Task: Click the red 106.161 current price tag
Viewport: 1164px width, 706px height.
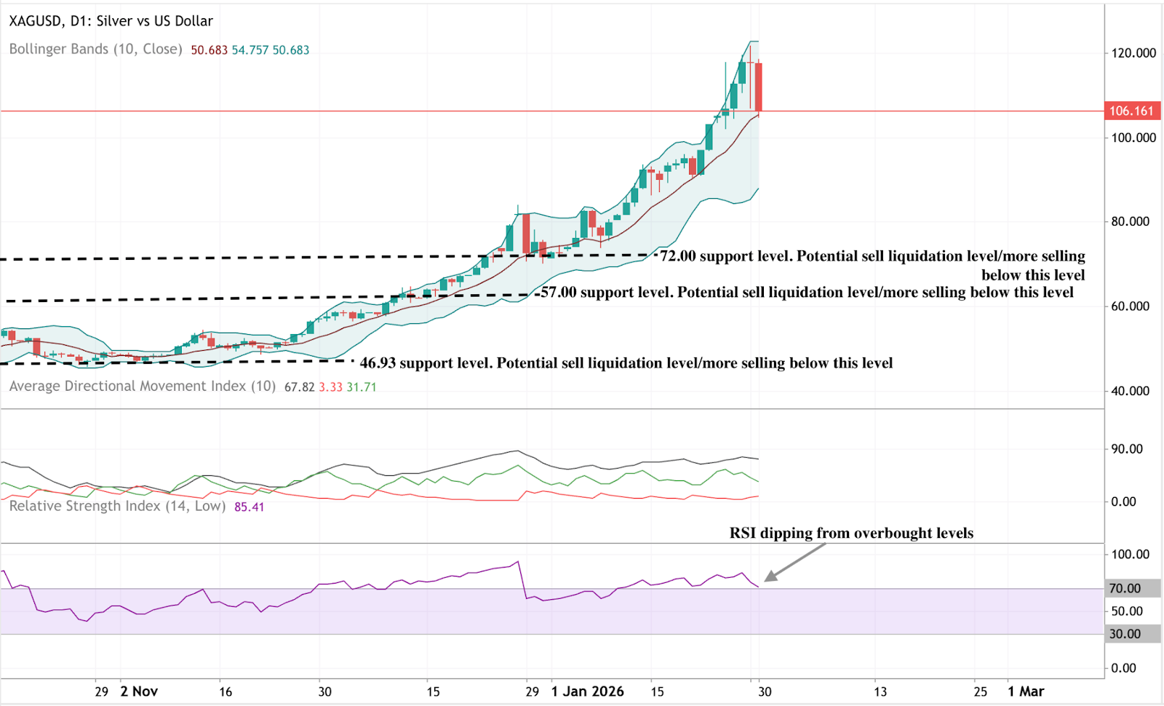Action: click(1132, 111)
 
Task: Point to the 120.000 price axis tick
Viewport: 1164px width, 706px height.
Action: click(1133, 53)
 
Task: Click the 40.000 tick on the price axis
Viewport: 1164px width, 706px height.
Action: click(1130, 391)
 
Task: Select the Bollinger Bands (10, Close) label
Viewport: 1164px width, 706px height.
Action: click(95, 49)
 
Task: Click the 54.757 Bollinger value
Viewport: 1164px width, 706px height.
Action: click(250, 50)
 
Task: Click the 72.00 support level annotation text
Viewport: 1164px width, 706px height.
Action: click(872, 257)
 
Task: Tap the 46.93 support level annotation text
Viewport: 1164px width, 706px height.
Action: click(626, 363)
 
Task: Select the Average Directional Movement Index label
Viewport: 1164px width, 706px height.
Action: click(142, 386)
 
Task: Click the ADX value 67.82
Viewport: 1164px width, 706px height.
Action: click(299, 387)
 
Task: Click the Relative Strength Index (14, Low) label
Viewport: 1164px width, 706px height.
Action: click(117, 506)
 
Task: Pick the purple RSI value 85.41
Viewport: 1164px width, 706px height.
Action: click(249, 507)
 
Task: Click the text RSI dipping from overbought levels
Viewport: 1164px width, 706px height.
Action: click(851, 534)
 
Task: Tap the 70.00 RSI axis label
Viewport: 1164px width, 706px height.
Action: click(1125, 588)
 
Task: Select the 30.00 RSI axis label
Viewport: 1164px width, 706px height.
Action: click(1125, 634)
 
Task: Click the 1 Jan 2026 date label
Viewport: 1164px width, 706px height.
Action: click(587, 691)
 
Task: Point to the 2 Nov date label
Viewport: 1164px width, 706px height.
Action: click(139, 691)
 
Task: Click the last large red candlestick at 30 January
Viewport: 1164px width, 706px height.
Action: click(758, 87)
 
